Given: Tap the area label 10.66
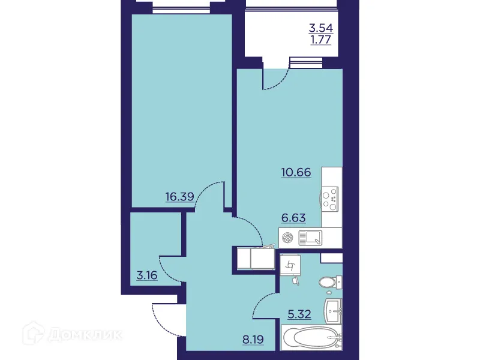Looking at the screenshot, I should [x=296, y=173].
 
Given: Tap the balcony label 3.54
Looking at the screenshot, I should [x=320, y=28].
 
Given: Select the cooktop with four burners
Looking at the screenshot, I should [x=330, y=198].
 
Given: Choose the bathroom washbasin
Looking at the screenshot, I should [x=334, y=310].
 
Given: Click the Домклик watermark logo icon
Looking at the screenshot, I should [x=44, y=333].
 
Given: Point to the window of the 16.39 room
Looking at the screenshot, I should [x=181, y=8].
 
